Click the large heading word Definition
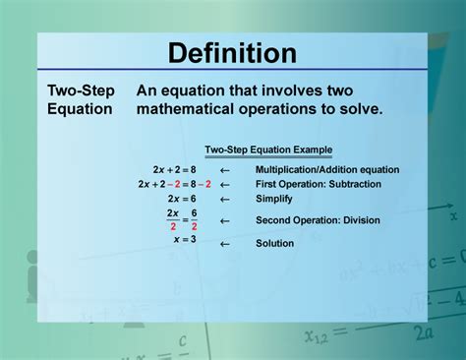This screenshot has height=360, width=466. click(x=232, y=53)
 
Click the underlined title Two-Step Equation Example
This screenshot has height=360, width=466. click(x=268, y=150)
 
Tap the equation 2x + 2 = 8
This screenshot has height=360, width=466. click(x=176, y=169)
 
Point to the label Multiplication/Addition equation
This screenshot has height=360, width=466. click(x=327, y=169)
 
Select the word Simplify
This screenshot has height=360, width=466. click(x=274, y=199)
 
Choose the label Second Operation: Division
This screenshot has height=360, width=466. click(x=318, y=220)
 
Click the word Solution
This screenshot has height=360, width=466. click(x=274, y=243)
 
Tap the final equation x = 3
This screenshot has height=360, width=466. click(x=185, y=239)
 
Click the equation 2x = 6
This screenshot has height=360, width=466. click(x=182, y=199)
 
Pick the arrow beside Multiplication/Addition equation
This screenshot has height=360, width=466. click(x=224, y=169)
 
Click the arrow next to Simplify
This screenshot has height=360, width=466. click(x=224, y=199)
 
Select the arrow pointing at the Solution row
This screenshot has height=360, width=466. click(x=224, y=243)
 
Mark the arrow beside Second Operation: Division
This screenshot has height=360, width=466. click(x=224, y=220)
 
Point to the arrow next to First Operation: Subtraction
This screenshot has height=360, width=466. click(x=224, y=184)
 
